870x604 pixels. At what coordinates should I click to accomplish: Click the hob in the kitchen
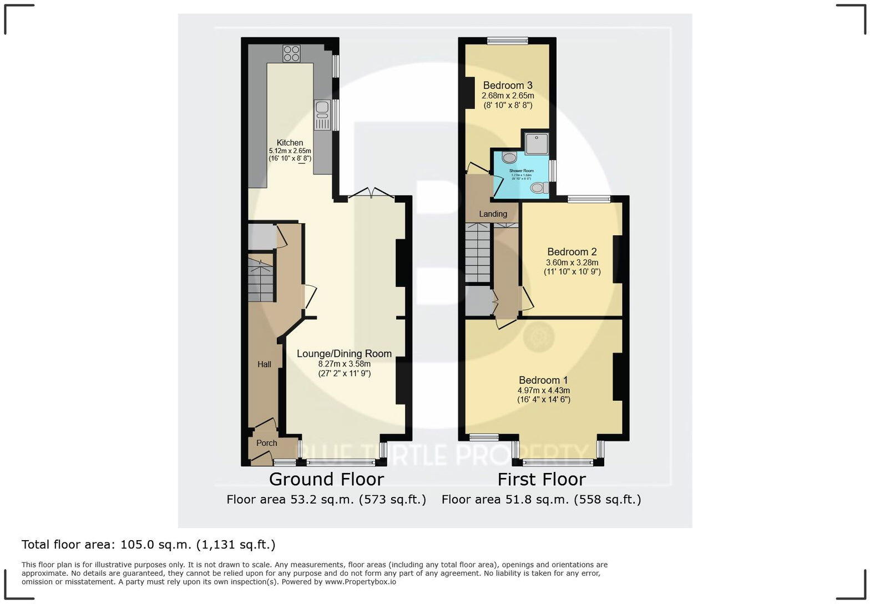291,53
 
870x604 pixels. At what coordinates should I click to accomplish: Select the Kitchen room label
290,143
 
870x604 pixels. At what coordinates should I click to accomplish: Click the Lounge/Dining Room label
344,354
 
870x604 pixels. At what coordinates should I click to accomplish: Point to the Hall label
264,364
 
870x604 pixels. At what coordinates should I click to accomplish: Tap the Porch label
266,443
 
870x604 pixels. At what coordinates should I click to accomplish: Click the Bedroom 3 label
507,85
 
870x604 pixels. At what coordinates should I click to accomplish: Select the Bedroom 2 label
571,252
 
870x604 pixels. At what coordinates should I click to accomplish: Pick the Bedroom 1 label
543,380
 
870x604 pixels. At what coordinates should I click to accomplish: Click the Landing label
493,214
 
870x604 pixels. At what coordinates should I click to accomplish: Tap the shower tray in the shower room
536,143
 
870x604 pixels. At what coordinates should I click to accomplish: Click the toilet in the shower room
539,188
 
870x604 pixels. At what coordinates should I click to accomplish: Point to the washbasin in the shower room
509,158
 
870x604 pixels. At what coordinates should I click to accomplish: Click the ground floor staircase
261,280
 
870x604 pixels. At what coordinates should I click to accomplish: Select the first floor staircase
477,253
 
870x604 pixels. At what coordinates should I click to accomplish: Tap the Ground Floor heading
326,479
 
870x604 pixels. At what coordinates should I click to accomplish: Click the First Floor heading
541,479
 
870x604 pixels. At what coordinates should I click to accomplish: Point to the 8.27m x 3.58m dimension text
344,364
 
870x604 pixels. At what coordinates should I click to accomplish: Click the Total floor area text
148,545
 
